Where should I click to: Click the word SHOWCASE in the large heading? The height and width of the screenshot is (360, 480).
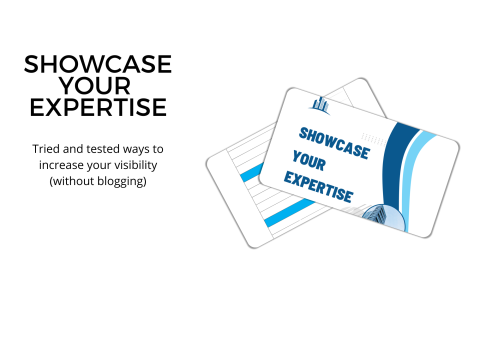pos(97,65)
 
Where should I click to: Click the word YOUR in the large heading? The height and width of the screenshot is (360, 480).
pos(97,86)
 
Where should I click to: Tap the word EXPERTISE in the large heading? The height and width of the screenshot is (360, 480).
pos(97,107)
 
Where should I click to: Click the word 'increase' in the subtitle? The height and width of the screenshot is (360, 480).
pos(59,165)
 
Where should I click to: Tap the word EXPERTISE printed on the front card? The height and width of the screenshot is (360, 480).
pos(318,186)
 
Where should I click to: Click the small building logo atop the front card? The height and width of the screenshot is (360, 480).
pos(320,104)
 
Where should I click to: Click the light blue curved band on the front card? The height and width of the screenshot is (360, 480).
pos(424,165)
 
